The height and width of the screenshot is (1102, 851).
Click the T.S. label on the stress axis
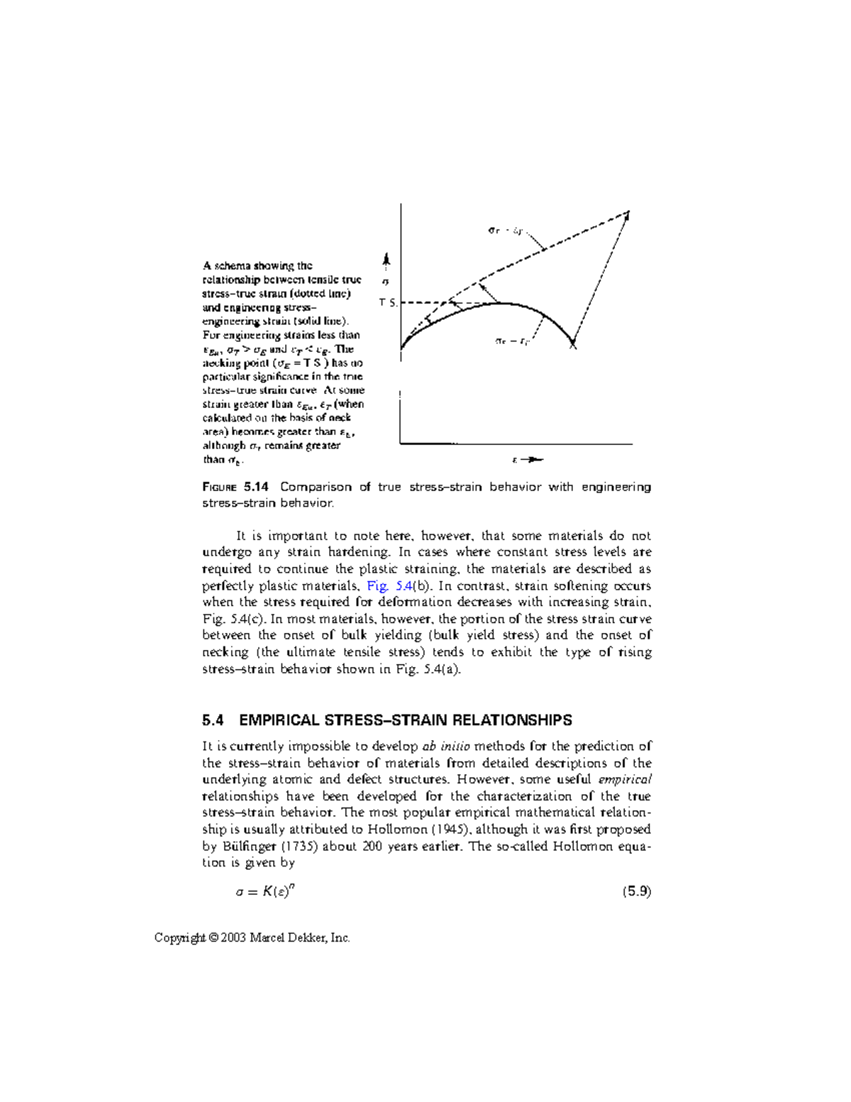pos(388,303)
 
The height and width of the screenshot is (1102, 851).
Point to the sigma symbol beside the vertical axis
pos(385,282)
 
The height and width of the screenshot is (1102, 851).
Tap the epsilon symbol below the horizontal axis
pos(514,460)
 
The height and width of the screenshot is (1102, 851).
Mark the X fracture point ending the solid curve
pos(573,346)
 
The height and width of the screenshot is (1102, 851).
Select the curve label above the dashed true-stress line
pos(506,230)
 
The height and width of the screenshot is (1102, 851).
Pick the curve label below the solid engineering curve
pos(512,341)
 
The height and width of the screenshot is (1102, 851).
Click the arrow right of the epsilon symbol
pos(533,460)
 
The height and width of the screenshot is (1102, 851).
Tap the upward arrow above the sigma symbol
pos(385,260)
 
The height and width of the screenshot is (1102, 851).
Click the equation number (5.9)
pos(636,892)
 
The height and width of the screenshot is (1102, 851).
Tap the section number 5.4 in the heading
pos(213,720)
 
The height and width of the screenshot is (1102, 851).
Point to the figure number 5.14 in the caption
pos(256,487)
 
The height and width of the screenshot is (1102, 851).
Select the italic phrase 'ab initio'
pos(446,746)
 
